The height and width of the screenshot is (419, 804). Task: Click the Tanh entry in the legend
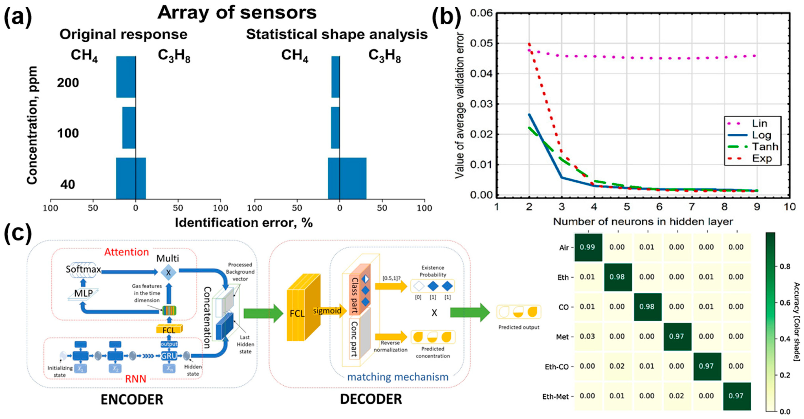point(765,147)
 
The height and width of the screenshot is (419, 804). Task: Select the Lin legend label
point(760,123)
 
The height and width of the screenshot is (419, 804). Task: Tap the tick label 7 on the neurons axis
point(692,207)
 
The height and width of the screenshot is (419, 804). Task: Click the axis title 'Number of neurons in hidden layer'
point(643,221)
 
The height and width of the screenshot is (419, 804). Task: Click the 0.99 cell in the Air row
point(587,247)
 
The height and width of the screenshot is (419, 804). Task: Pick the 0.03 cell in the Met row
point(587,336)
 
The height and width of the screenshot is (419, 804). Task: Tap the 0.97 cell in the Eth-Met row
point(736,396)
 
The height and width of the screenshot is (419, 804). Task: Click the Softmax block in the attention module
point(83,269)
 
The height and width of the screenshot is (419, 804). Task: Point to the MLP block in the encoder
point(83,293)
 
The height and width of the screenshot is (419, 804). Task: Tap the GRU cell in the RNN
point(169,356)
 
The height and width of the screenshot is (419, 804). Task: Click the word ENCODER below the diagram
point(132,400)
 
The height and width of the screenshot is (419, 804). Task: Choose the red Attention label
point(126,252)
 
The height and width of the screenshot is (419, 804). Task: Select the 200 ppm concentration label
point(68,83)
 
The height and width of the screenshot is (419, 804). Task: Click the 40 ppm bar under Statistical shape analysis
point(347,178)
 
